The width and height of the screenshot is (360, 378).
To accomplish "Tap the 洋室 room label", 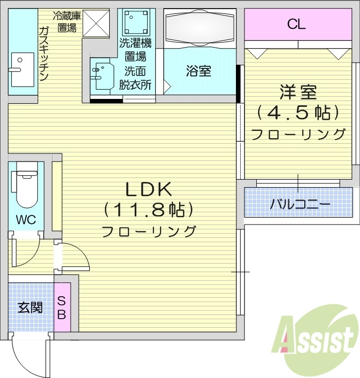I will click(x=298, y=92).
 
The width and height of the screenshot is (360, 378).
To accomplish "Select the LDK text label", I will click(x=148, y=189).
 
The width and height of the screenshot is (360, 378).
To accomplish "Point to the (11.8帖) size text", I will click(x=148, y=210).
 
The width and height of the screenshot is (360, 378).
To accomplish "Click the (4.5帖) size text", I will click(x=298, y=113).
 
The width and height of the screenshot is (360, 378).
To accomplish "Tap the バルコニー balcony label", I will click(x=300, y=203).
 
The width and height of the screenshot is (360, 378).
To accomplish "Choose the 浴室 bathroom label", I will click(x=198, y=71).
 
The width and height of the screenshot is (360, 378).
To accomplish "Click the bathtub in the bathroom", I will click(x=200, y=28).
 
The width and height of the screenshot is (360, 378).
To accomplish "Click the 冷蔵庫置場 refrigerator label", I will click(x=66, y=21).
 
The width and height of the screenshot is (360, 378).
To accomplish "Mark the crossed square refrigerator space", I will click(x=96, y=22).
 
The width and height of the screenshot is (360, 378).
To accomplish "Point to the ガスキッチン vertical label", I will click(x=44, y=53).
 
